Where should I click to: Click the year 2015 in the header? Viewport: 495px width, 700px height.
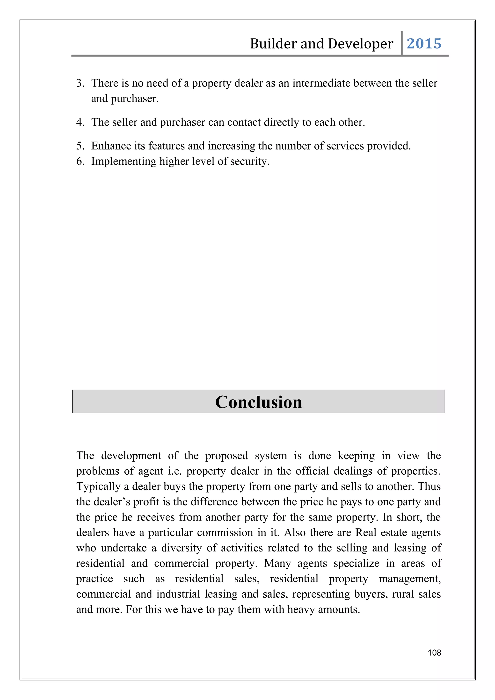click(424, 43)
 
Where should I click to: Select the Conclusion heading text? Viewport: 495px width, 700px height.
click(258, 402)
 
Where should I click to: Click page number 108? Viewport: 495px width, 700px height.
click(434, 652)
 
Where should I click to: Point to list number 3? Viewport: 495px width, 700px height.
click(80, 83)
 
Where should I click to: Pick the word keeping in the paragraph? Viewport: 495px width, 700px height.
click(356, 456)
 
